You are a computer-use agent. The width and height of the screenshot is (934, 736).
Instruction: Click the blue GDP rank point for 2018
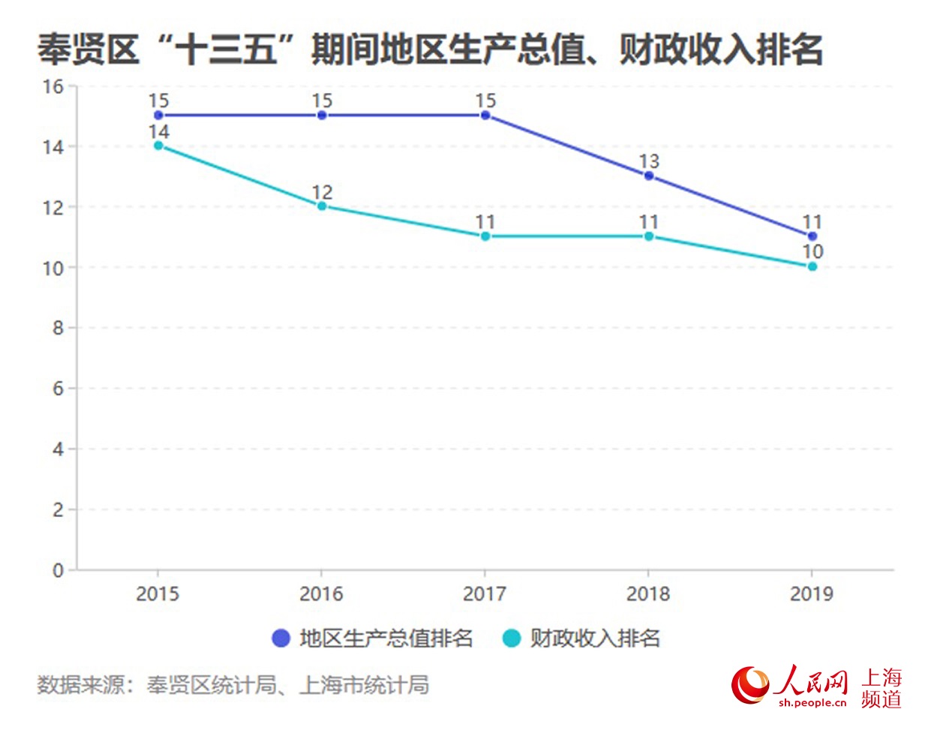[649, 176]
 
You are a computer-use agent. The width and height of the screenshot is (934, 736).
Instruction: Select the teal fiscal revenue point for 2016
[322, 206]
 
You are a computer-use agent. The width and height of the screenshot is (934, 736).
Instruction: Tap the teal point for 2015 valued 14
[158, 146]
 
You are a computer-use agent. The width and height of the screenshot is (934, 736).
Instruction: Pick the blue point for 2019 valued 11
[812, 236]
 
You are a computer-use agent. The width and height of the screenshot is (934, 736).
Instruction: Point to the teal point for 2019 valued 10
[812, 266]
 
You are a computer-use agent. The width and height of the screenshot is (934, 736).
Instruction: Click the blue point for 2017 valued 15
[485, 116]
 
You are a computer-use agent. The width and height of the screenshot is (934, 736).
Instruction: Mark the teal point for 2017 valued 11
[485, 236]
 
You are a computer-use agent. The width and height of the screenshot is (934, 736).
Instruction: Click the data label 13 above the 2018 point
[649, 161]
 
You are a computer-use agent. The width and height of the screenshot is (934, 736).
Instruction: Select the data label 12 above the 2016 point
[322, 192]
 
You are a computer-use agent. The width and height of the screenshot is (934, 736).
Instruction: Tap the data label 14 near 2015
[158, 132]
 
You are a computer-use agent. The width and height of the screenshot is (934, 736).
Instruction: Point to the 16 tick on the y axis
[53, 87]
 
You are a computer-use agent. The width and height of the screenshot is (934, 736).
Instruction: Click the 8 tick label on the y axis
[58, 328]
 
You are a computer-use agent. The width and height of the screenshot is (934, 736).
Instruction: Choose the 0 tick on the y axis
[58, 570]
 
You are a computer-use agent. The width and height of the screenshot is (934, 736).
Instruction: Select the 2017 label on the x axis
[485, 594]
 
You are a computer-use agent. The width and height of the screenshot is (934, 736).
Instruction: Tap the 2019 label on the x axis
[812, 594]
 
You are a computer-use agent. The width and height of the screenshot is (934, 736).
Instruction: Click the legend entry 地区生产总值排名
[374, 638]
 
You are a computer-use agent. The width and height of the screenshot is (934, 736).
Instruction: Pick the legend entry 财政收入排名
[582, 638]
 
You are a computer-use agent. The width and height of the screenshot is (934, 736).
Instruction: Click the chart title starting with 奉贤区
[430, 50]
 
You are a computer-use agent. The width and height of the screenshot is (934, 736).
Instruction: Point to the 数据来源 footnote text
[233, 684]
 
